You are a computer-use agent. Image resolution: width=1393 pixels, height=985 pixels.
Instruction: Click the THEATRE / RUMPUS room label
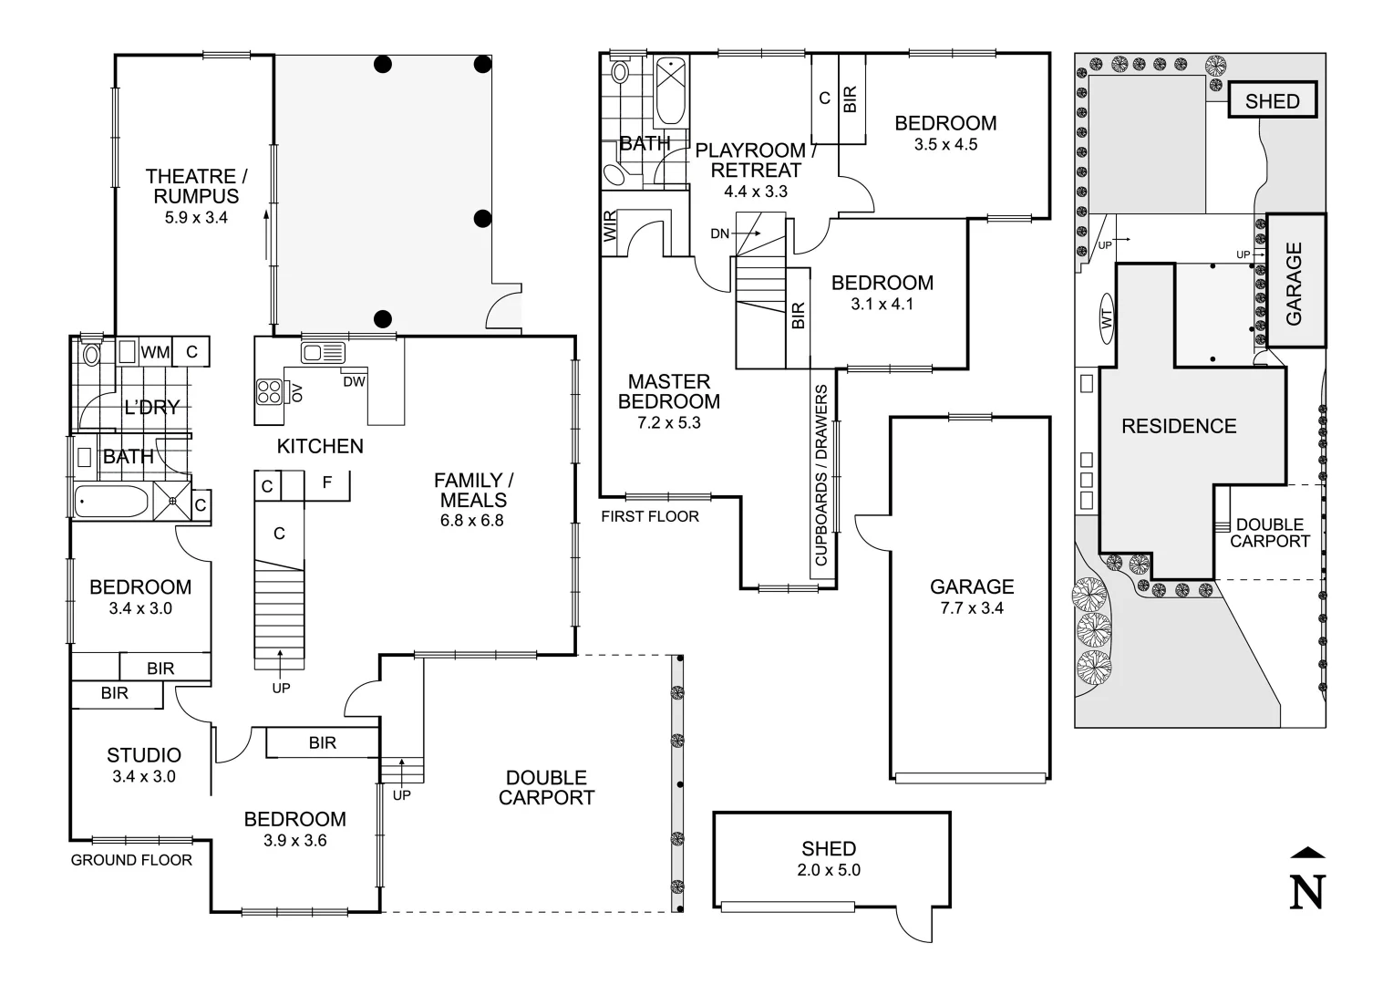pyautogui.click(x=196, y=185)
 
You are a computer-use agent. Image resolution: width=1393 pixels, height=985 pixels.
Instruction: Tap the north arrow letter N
pyautogui.click(x=1307, y=891)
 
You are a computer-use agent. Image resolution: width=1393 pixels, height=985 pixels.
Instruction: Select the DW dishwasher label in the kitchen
pyautogui.click(x=355, y=382)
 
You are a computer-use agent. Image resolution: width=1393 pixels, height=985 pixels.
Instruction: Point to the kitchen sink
pyautogui.click(x=323, y=353)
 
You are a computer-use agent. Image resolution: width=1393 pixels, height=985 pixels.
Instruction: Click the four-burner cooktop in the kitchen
pyautogui.click(x=270, y=391)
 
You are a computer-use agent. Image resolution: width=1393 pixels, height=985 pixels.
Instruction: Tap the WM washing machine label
pyautogui.click(x=155, y=352)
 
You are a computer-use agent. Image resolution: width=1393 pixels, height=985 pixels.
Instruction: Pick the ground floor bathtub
pyautogui.click(x=111, y=502)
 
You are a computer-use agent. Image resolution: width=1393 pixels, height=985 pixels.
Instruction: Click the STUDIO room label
pyautogui.click(x=144, y=755)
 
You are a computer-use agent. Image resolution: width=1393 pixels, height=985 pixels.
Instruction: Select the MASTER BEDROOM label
pyautogui.click(x=669, y=391)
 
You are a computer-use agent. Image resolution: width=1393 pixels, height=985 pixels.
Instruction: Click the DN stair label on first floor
pyautogui.click(x=720, y=234)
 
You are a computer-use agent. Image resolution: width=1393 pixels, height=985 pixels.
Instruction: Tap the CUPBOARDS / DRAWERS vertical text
pyautogui.click(x=821, y=474)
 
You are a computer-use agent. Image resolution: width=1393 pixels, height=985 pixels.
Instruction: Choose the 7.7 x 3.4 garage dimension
pyautogui.click(x=972, y=608)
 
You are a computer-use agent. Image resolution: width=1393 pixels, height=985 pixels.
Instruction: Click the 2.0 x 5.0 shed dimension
pyautogui.click(x=829, y=870)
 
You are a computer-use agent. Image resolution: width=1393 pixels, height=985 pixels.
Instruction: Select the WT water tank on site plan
pyautogui.click(x=1108, y=318)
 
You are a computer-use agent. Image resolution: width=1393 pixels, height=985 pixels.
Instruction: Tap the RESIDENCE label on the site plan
pyautogui.click(x=1179, y=426)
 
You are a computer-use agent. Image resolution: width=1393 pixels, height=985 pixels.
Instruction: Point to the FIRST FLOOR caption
pyautogui.click(x=650, y=516)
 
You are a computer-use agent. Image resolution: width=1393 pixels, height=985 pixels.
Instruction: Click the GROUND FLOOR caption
pyautogui.click(x=131, y=860)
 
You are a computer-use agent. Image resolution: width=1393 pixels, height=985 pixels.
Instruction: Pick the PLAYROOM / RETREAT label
pyautogui.click(x=750, y=160)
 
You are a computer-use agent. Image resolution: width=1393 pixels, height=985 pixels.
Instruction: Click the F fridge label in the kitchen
pyautogui.click(x=327, y=482)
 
